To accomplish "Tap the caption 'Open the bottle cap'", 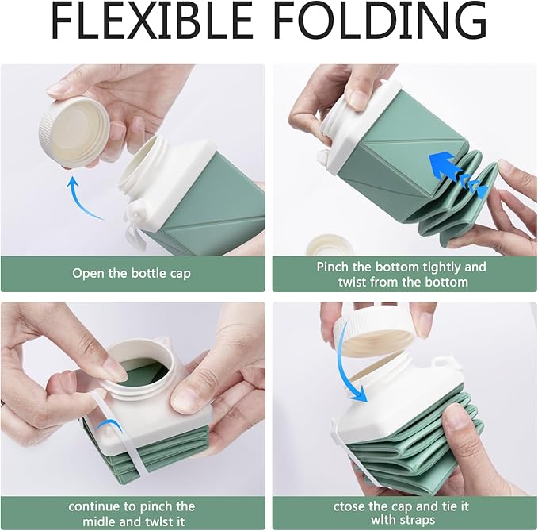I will point(132,273).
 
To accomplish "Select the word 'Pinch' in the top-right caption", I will point(335,267).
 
